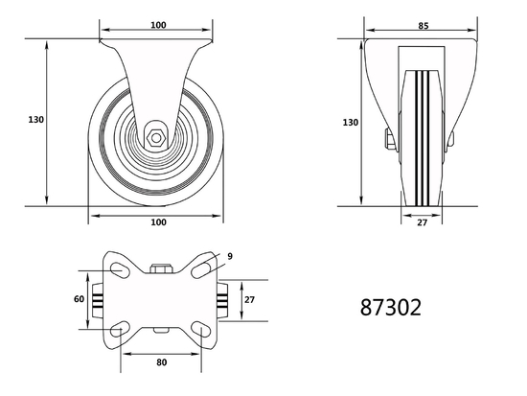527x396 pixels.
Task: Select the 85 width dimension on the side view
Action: coord(422,27)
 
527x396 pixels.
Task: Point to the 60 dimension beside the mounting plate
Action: coord(80,299)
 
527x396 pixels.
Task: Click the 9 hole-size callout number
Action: coord(230,257)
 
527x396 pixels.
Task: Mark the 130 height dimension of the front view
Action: coord(36,121)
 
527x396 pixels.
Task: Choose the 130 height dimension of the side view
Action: coord(351,123)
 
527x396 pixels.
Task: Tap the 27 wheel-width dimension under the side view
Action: coord(423,224)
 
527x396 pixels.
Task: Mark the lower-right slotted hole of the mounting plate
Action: coord(203,331)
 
